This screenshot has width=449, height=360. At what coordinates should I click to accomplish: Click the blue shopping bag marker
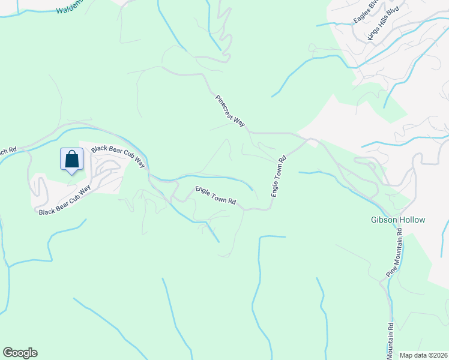coord(71,160)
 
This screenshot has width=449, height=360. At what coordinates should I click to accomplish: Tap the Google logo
coord(20,353)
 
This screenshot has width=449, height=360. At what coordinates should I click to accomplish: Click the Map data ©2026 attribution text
coord(423,355)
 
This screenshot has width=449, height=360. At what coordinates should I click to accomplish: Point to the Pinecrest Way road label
coord(231,110)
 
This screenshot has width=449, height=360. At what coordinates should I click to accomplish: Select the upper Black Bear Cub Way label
coord(119,155)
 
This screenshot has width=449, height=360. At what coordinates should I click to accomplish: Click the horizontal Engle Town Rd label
coord(215,196)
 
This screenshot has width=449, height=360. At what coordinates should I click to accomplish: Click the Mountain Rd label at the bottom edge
coord(390,339)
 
